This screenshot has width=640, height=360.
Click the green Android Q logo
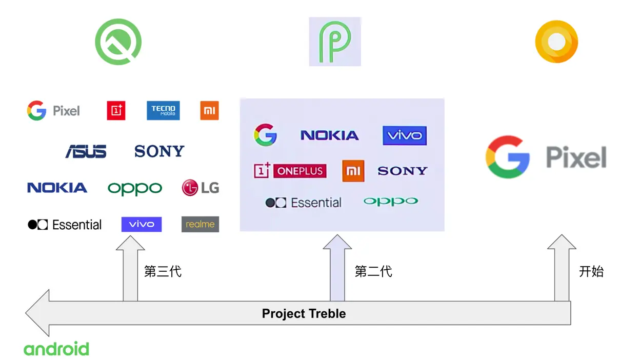click(118, 42)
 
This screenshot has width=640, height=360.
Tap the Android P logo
click(335, 42)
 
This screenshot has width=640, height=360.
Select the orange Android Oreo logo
click(556, 42)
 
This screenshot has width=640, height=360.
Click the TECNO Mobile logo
click(163, 110)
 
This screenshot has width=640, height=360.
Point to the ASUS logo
click(86, 151)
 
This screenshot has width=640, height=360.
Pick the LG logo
click(201, 188)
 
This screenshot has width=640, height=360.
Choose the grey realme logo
click(200, 224)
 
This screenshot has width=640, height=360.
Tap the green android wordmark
click(56, 349)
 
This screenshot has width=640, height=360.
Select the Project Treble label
click(304, 313)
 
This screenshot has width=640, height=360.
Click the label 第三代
click(163, 271)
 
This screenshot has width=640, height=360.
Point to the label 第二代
click(373, 271)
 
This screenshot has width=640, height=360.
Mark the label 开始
click(591, 271)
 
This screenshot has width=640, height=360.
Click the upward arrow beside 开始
click(562, 267)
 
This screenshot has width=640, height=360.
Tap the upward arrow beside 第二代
click(337, 267)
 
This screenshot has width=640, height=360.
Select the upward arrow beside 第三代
click(130, 267)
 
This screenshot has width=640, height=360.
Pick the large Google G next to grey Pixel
click(507, 157)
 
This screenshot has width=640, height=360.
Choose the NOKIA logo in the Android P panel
click(330, 135)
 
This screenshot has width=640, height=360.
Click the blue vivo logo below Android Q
click(142, 224)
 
